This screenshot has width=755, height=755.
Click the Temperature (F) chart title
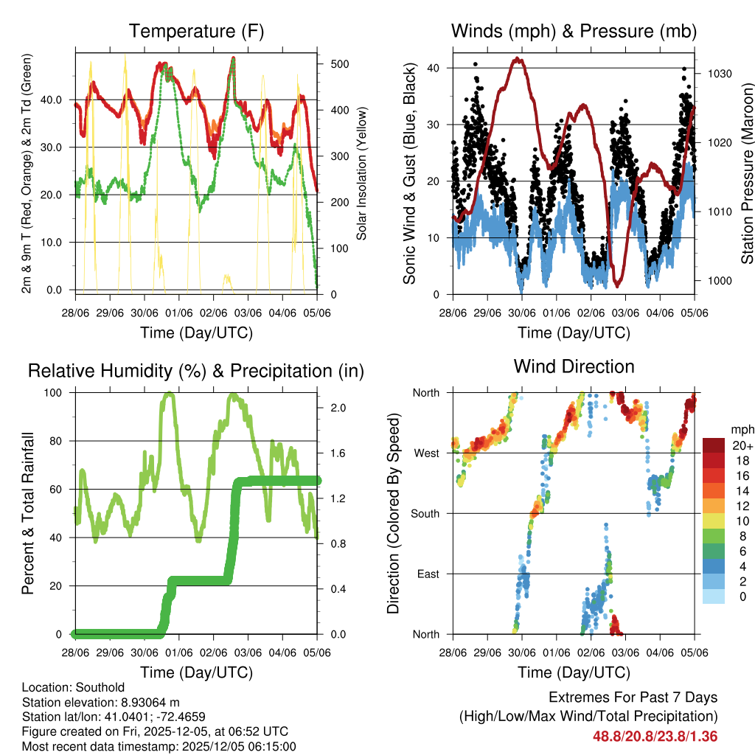click(196, 31)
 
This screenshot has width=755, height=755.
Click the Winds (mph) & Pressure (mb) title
click(574, 31)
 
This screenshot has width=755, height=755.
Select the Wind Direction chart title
click(574, 366)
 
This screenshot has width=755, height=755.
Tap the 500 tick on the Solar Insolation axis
click(339, 64)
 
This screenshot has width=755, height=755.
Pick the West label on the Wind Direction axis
click(425, 453)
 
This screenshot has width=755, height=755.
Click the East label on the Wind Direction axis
click(427, 574)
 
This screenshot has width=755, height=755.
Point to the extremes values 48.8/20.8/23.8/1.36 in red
click(655, 737)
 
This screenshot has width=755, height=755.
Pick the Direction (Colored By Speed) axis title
click(393, 513)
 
